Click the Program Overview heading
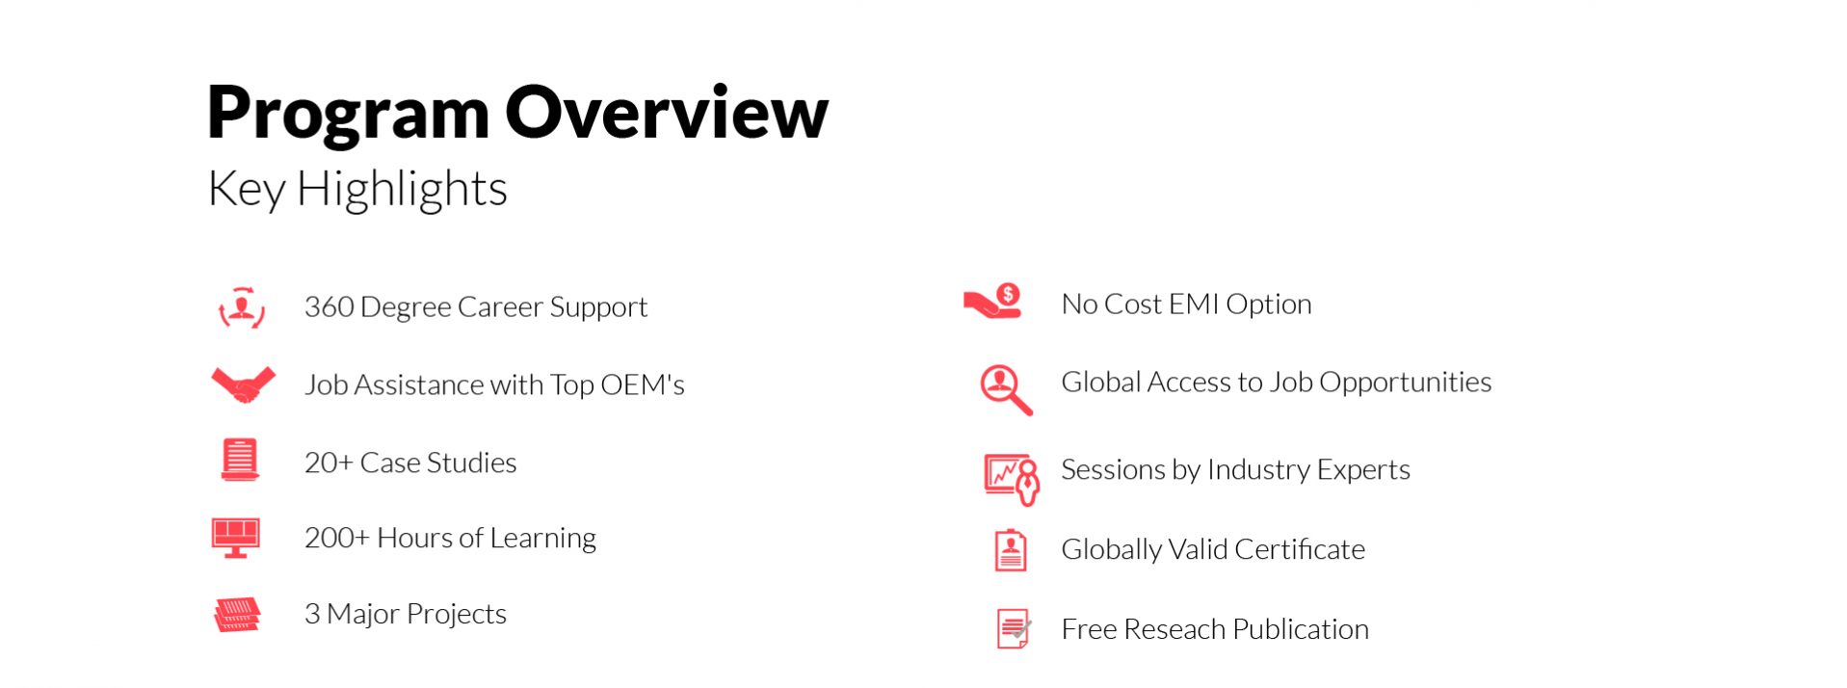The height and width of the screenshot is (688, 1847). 517,114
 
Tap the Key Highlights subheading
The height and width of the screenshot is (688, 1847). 357,189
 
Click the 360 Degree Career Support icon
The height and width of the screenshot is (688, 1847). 242,307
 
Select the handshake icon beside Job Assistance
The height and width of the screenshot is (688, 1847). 243,384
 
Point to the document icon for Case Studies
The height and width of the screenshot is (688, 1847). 240,460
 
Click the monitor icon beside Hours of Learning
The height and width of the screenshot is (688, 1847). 236,538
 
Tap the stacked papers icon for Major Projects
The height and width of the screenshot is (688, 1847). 237,614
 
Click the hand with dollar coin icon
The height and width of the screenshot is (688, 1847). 992,302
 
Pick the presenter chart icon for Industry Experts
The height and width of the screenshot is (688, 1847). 1012,479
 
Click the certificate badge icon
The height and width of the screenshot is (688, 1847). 1011,550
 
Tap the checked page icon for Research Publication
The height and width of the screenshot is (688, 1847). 1014,628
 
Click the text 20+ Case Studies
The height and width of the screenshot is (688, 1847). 410,463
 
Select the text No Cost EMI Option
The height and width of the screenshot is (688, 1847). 1186,304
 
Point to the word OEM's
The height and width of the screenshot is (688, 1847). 642,384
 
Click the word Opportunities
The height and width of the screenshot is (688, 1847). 1406,384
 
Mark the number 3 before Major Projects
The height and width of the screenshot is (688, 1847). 312,614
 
